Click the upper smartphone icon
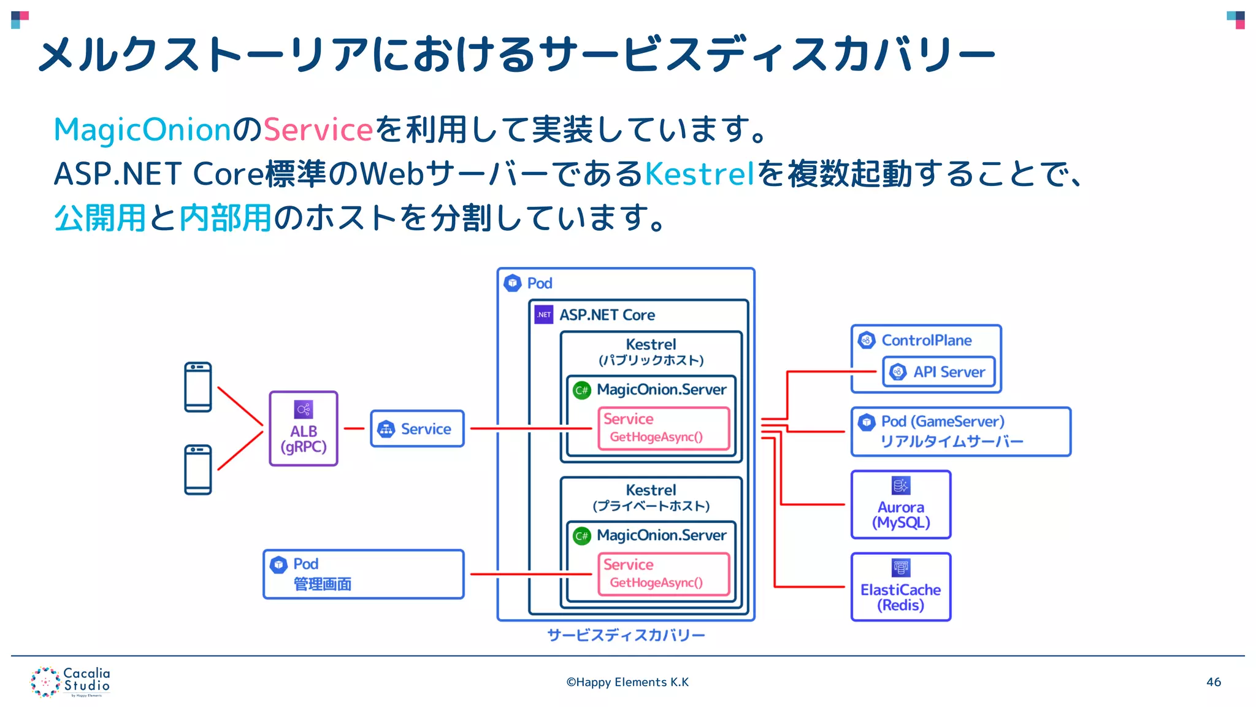(x=198, y=387)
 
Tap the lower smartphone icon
(x=198, y=470)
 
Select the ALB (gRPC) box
(x=304, y=429)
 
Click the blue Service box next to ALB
(x=417, y=429)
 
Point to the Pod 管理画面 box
(x=363, y=574)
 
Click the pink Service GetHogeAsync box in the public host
(x=664, y=428)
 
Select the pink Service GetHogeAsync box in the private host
(x=664, y=574)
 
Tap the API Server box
(x=939, y=372)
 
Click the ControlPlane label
(x=926, y=340)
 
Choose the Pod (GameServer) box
(x=960, y=431)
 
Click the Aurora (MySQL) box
(x=901, y=505)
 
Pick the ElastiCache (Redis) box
(x=901, y=587)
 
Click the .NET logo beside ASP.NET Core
(x=544, y=315)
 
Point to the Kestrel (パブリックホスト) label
(x=651, y=352)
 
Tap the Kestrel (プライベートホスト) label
(x=651, y=498)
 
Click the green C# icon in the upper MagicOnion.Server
(x=582, y=390)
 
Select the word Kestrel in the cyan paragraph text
(x=699, y=174)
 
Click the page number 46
(x=1213, y=682)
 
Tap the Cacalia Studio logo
(x=71, y=682)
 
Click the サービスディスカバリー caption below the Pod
(x=626, y=635)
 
